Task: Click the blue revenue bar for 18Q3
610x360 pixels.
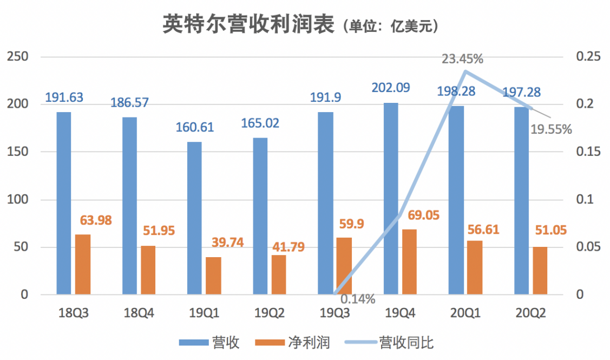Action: pos(64,203)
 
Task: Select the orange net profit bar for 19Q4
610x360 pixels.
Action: pos(409,262)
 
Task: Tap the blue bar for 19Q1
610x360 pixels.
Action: pos(194,218)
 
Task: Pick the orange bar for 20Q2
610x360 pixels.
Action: pos(540,271)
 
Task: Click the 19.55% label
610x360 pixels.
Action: pos(552,129)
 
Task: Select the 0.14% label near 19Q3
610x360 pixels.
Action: pos(357,299)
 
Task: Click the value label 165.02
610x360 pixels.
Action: pos(260,123)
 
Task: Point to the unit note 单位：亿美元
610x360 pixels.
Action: pos(389,26)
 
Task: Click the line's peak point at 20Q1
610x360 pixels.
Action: pos(465,71)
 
